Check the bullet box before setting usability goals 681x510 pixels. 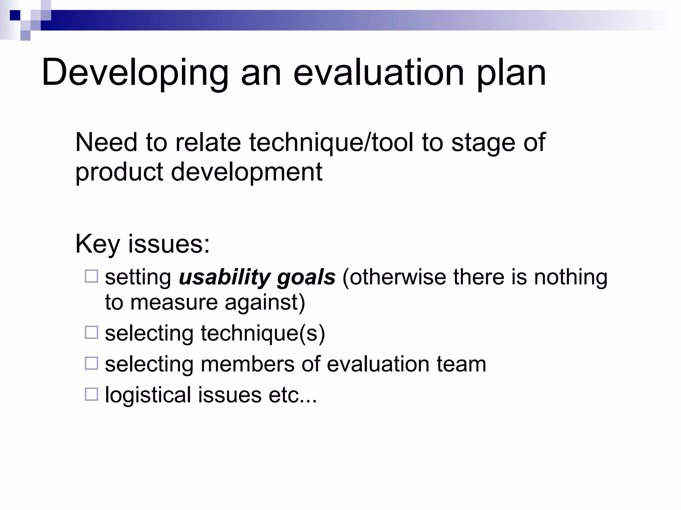coord(91,276)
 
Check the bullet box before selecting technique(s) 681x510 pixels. coord(91,332)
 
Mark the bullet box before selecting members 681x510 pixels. coord(91,363)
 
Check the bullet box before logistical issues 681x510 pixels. coord(91,394)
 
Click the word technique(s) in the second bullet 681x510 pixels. coord(262,333)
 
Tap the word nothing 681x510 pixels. coord(571,277)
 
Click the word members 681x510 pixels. coord(247,364)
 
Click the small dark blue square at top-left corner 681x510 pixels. coord(15,15)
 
